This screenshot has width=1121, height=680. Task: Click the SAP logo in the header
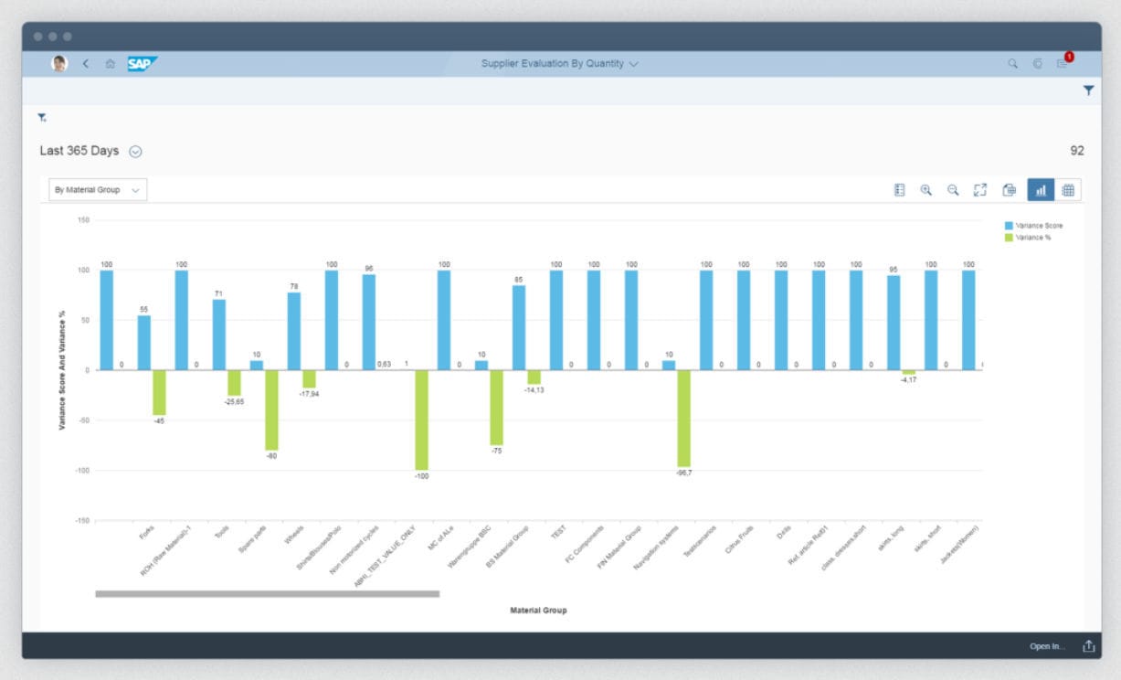[x=143, y=63]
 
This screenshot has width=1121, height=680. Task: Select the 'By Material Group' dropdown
[x=98, y=190]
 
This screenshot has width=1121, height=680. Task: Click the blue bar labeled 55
[x=144, y=343]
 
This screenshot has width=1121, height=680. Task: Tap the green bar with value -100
[x=421, y=420]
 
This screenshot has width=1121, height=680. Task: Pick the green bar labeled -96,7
[x=683, y=418]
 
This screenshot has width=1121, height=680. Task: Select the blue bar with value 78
[x=294, y=331]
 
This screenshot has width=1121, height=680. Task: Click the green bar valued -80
[x=271, y=409]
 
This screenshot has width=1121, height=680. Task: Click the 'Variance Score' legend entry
[x=1039, y=225]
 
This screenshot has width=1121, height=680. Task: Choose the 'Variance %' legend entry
[x=1032, y=238]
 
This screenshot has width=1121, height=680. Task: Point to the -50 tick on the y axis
[x=83, y=420]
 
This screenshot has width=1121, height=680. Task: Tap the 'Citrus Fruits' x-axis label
[x=738, y=539]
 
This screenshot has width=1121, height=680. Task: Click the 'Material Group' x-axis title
[x=538, y=610]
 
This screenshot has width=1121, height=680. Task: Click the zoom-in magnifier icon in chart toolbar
[x=925, y=190]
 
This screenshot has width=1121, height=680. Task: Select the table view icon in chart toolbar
[x=1068, y=190]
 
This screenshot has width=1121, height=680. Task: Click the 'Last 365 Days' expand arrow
[x=135, y=152]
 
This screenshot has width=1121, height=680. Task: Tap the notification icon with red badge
[x=1063, y=63]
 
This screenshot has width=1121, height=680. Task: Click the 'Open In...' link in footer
[x=1047, y=646]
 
